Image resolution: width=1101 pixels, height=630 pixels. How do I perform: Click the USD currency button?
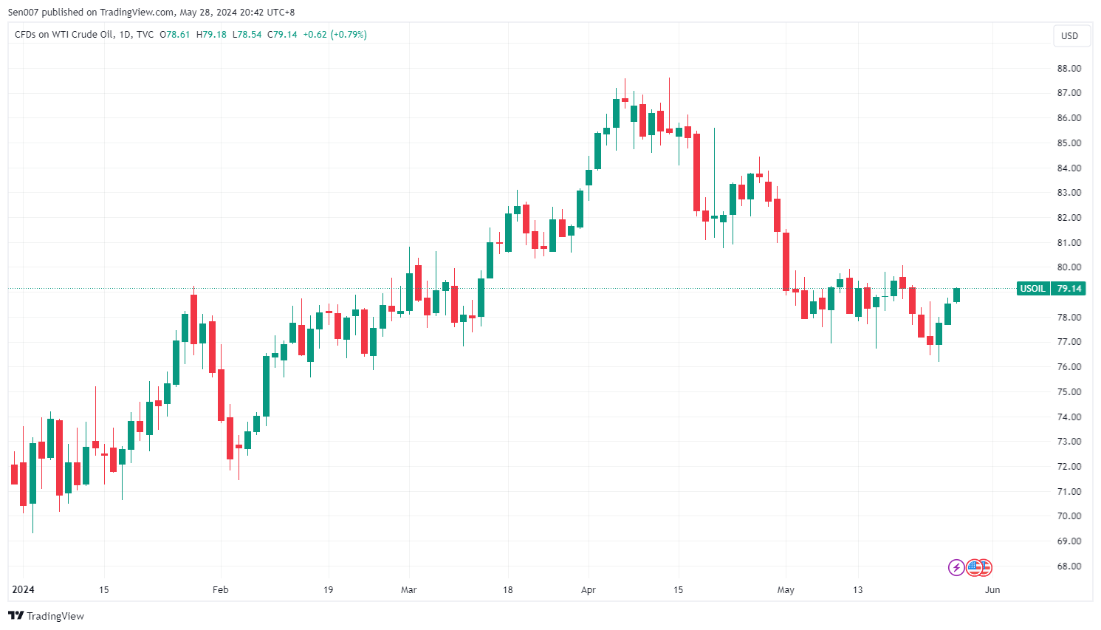tap(1069, 35)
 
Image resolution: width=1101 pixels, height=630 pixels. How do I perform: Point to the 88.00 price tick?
tap(1069, 68)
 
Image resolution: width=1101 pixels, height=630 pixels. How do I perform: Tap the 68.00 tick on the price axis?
tap(1069, 566)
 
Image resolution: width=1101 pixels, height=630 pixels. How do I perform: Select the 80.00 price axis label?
tap(1069, 267)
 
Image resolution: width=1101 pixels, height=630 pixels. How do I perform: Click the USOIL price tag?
tap(1032, 288)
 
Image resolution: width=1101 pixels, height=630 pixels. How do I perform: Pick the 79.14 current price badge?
tap(1069, 288)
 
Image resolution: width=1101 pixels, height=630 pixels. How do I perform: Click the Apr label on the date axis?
tap(589, 590)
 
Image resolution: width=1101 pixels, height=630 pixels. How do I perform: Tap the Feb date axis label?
tap(220, 590)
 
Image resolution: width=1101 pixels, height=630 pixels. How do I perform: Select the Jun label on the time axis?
tap(992, 590)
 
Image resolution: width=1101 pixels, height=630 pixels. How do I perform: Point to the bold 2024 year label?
tap(23, 590)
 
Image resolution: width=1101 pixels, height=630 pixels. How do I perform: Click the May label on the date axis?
tap(786, 590)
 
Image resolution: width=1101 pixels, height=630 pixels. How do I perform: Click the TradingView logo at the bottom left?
tap(46, 616)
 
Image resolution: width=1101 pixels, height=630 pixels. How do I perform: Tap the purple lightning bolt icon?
tap(956, 567)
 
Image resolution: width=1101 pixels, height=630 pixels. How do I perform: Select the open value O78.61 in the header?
tap(175, 35)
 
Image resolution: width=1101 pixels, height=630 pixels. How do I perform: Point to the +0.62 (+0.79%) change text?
tap(335, 35)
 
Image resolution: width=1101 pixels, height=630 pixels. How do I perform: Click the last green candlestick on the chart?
tap(956, 295)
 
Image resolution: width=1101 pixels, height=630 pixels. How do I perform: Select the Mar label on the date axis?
tap(408, 590)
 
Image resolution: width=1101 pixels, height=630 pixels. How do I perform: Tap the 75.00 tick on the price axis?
tap(1069, 392)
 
